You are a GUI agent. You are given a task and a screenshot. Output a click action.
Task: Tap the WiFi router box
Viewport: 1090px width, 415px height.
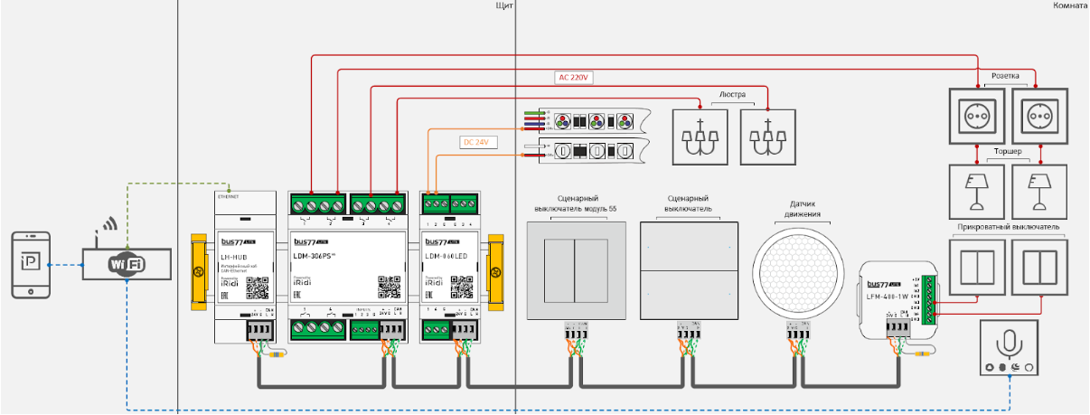(x=127, y=264)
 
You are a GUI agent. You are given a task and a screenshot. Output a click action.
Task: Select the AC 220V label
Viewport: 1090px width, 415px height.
(x=573, y=78)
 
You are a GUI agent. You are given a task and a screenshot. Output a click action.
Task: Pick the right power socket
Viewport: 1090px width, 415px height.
(x=1038, y=116)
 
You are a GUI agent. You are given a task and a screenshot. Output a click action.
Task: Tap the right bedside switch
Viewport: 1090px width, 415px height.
(x=1038, y=268)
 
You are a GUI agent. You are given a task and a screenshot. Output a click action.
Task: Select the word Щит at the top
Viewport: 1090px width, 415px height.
(x=507, y=6)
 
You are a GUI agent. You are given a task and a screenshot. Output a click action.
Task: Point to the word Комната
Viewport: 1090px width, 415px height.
(x=1070, y=6)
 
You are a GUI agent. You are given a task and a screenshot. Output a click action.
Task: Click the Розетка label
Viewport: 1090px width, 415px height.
(x=1006, y=76)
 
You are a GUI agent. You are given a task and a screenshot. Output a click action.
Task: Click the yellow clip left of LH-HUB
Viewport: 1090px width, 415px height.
(x=200, y=270)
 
